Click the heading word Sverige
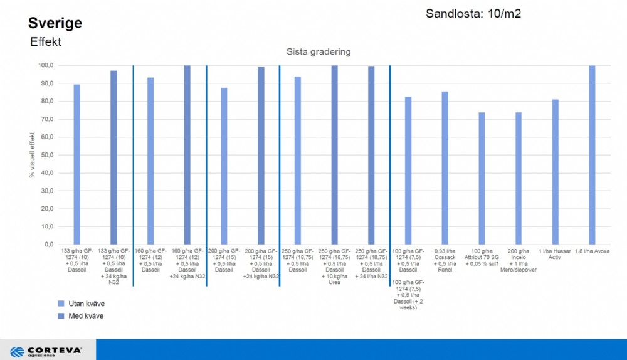click(x=55, y=24)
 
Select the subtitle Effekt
click(x=46, y=42)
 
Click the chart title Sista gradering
click(x=319, y=51)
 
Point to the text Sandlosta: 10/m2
click(x=473, y=13)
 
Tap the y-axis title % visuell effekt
click(x=32, y=154)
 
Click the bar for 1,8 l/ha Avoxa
click(x=591, y=155)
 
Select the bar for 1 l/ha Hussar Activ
click(x=555, y=172)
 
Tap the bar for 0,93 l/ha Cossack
click(x=445, y=168)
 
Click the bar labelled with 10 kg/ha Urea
click(x=334, y=155)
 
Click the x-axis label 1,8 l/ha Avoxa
click(x=591, y=251)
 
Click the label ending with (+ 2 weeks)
click(x=408, y=295)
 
